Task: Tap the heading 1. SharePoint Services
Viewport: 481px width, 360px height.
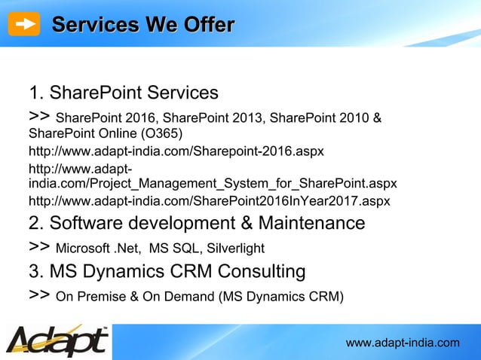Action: [x=124, y=93]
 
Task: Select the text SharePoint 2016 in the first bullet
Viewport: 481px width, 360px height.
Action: [x=106, y=118]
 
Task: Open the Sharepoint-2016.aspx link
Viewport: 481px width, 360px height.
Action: [x=176, y=151]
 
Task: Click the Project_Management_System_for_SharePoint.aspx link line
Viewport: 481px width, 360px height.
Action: [x=213, y=183]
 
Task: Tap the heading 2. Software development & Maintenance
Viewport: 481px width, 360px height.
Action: [x=197, y=223]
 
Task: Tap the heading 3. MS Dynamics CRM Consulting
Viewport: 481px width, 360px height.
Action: [x=167, y=270]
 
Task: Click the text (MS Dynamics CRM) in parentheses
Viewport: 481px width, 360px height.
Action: [x=280, y=296]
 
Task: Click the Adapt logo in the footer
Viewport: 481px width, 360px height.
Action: [x=57, y=340]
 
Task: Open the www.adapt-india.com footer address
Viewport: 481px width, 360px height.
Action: [x=402, y=343]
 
